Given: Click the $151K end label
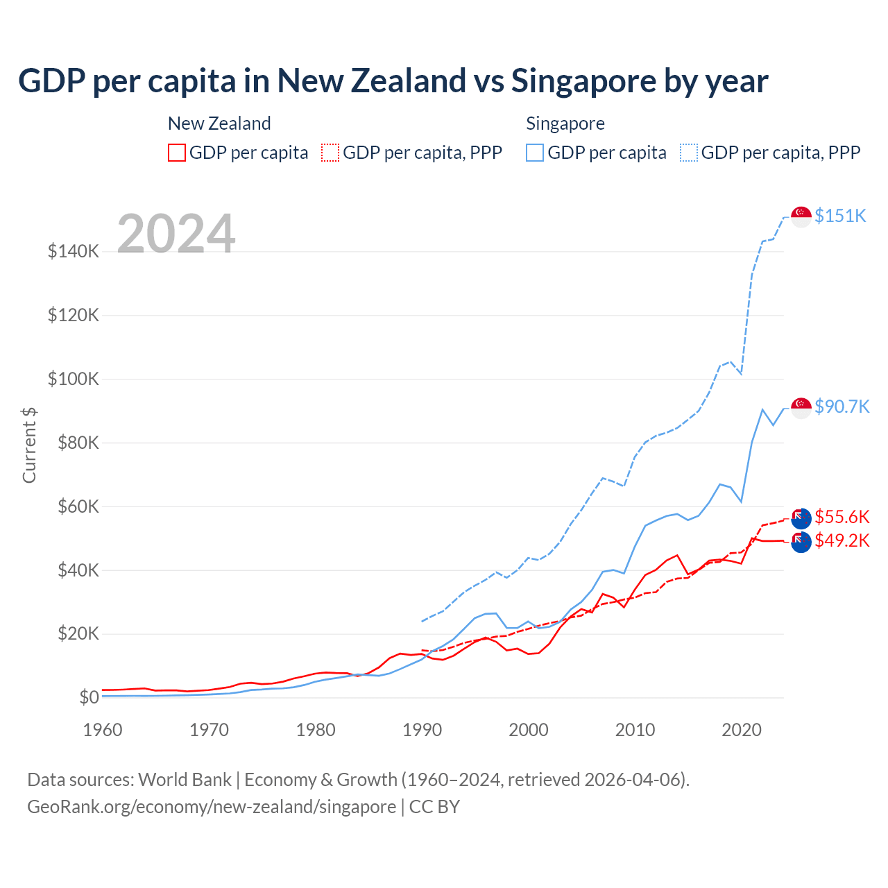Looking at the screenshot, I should [840, 216].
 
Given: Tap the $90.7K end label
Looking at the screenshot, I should [842, 407].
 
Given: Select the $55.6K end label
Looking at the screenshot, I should [842, 517].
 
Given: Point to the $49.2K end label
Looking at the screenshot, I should [842, 540].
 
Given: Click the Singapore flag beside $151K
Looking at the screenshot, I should [801, 216].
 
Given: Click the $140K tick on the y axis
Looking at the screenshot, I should [74, 251].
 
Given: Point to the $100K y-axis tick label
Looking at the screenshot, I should [74, 379].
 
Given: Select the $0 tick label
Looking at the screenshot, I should [89, 697].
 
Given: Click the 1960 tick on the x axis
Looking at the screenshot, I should [103, 730].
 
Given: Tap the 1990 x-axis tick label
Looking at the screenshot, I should [422, 730].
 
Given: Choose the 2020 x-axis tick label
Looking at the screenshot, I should [742, 730].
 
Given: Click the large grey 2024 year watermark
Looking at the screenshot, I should [176, 234].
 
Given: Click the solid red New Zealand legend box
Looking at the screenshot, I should [177, 153].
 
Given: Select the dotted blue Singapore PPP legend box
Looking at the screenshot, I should [689, 153].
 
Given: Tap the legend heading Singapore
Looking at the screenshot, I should [565, 123].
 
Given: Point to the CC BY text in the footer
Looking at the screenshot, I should [434, 807].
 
